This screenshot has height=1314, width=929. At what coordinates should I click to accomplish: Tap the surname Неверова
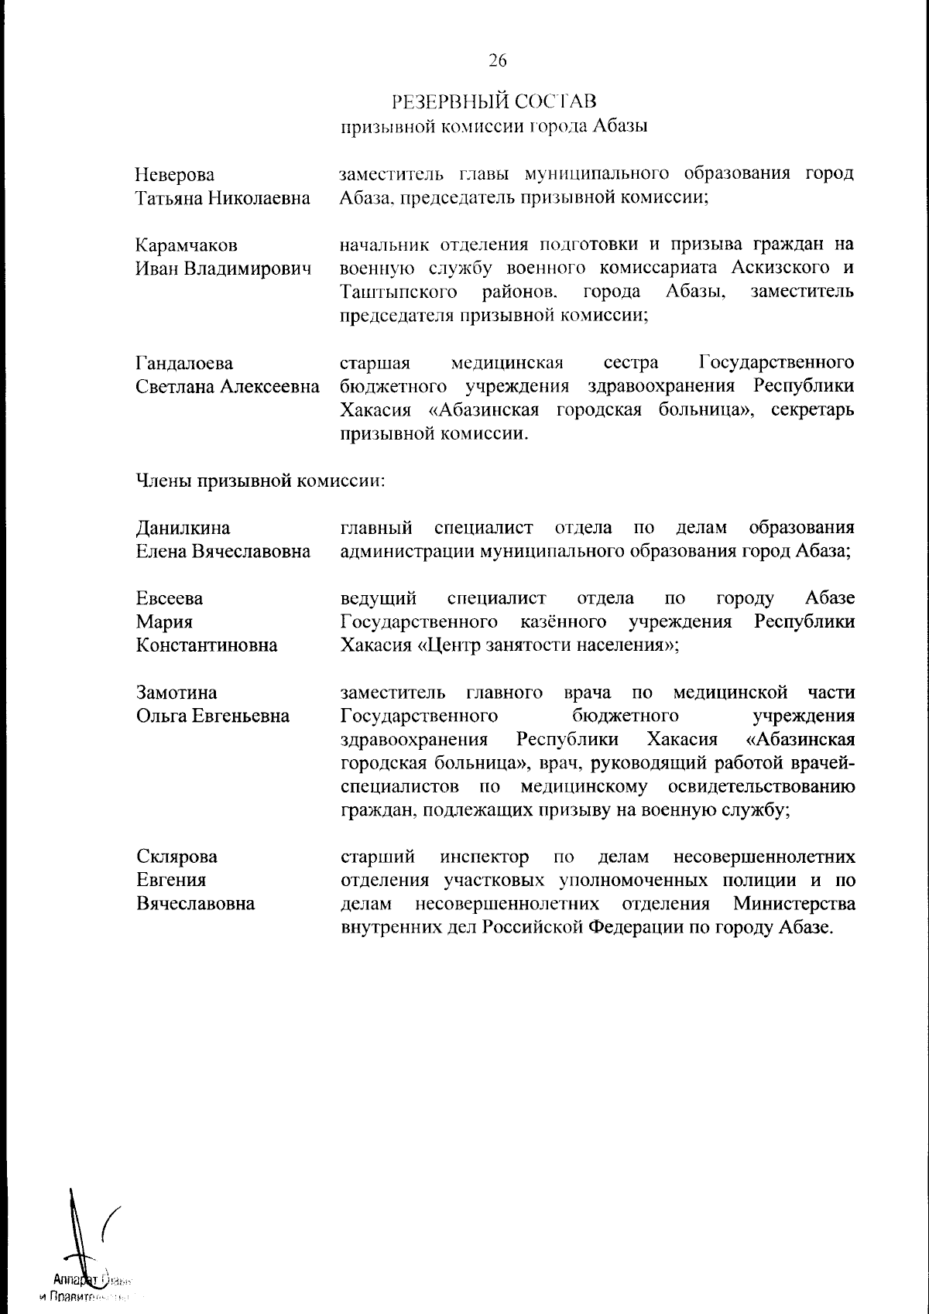click(176, 175)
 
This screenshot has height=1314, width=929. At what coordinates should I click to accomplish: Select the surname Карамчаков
click(187, 246)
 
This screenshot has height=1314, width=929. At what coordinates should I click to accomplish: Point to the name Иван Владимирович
click(224, 269)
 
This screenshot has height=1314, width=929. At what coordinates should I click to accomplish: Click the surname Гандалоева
click(185, 363)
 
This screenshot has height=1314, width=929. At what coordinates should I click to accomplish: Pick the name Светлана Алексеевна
click(228, 386)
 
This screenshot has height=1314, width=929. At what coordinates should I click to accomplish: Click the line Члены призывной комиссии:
click(261, 481)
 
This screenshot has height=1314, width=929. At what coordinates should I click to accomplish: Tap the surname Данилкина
click(183, 528)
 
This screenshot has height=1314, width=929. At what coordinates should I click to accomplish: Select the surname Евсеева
click(170, 599)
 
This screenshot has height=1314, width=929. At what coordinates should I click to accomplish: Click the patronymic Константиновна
click(207, 645)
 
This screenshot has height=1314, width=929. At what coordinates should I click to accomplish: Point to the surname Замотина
click(177, 693)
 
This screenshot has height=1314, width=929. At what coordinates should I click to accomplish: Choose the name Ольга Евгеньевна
click(213, 716)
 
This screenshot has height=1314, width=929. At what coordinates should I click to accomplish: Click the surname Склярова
click(177, 857)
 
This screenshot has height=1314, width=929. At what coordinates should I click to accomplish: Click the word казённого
click(563, 622)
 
